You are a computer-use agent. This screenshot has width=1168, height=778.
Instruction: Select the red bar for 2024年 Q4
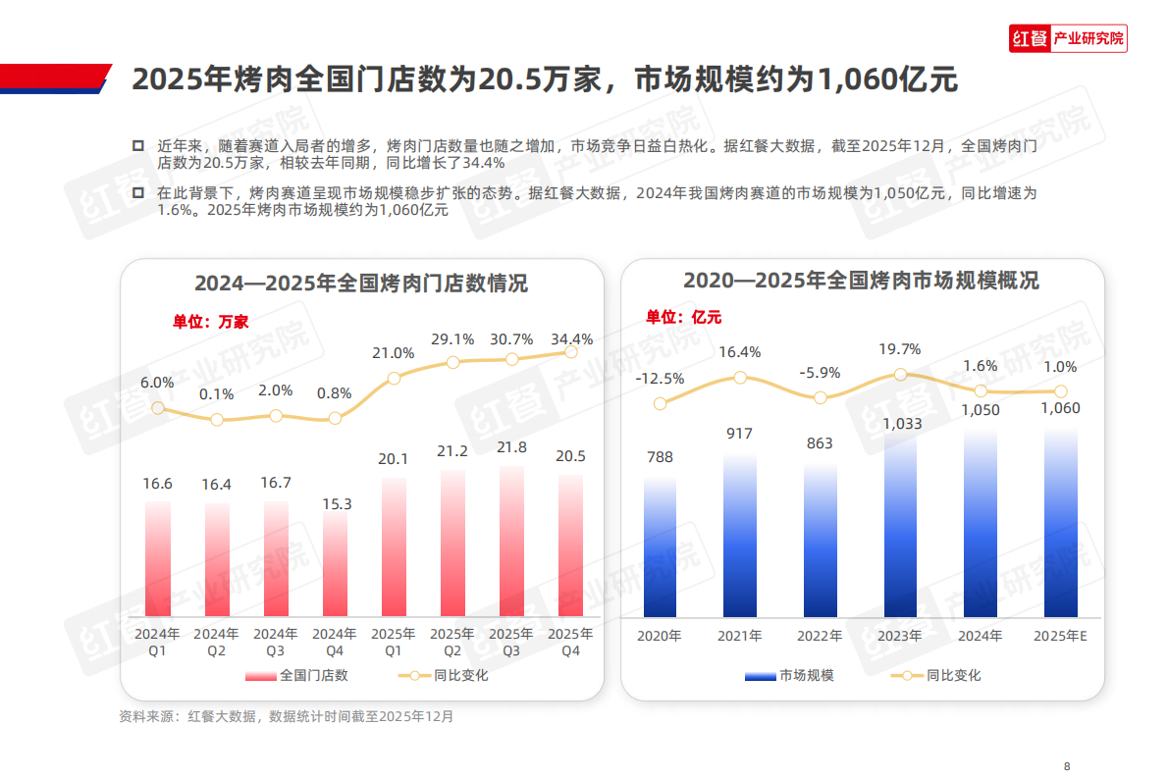point(335,564)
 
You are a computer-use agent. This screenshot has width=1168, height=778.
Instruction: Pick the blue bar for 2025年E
point(1060,520)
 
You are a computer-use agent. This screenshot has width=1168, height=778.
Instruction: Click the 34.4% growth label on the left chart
point(571,339)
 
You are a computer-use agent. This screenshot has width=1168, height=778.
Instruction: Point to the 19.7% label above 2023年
point(900,349)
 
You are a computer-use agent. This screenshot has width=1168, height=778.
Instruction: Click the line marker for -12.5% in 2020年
point(660,403)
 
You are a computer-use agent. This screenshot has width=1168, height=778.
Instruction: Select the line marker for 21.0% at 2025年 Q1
point(394,378)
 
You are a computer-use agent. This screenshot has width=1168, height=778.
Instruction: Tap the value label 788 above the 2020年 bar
point(660,456)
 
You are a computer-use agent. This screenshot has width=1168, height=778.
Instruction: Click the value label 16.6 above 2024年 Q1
point(157,484)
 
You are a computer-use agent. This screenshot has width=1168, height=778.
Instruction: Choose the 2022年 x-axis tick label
point(821,636)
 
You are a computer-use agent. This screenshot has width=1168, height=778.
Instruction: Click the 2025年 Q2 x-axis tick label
point(452,642)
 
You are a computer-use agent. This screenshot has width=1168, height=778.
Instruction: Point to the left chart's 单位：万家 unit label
point(211,321)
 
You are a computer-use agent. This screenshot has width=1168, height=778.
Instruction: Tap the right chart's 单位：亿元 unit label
point(683,316)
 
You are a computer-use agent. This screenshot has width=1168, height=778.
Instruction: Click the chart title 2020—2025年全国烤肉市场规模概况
point(861,281)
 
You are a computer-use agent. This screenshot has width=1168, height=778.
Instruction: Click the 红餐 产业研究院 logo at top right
point(1068,39)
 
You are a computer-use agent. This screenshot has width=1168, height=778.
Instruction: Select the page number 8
point(1067,766)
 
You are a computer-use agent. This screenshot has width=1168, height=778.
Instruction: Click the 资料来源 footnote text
point(287,716)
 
